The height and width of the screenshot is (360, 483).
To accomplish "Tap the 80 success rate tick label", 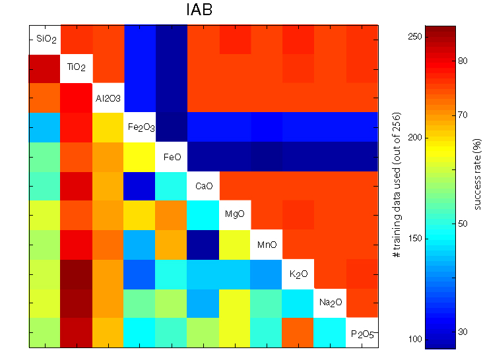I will point(463,61).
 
